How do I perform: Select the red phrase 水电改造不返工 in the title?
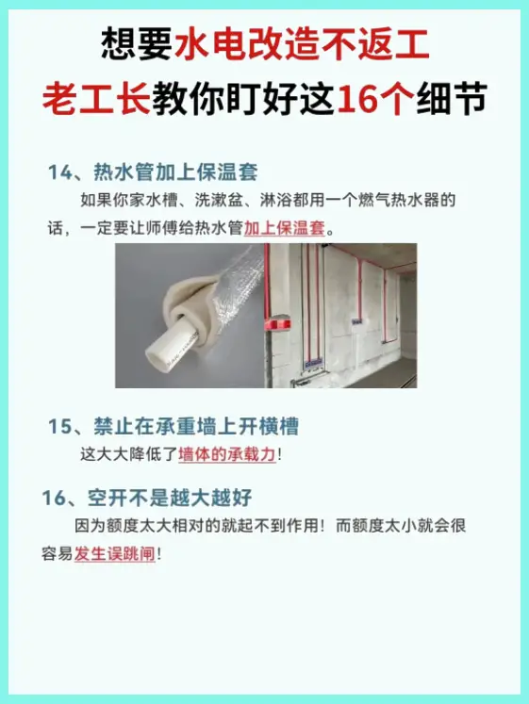coord(303,44)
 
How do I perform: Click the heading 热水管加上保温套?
coord(175,172)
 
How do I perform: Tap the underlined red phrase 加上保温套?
coord(284,228)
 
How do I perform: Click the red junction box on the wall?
coord(277,323)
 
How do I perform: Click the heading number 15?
coord(60,427)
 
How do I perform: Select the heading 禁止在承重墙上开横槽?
coord(196,427)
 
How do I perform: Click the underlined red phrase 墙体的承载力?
coord(226,454)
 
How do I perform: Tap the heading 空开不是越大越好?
coord(170,498)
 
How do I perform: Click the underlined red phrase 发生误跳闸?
coord(114,553)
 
